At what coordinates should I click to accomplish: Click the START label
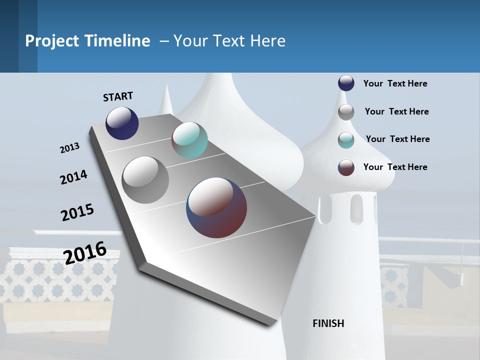(x=118, y=96)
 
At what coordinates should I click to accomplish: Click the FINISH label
(x=328, y=323)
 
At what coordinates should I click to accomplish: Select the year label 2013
(x=69, y=148)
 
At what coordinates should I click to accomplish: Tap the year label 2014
(x=73, y=177)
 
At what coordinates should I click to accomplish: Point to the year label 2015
(x=77, y=212)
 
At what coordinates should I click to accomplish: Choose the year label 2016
(x=85, y=252)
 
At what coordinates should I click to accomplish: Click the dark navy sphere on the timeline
(x=122, y=123)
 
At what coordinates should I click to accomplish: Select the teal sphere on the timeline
(x=189, y=140)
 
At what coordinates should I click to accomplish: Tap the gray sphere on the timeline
(x=145, y=179)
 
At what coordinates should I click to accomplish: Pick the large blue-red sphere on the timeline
(x=216, y=207)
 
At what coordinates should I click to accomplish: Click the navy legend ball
(x=346, y=83)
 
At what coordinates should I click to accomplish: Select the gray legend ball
(x=346, y=111)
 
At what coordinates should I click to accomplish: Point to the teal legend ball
(x=346, y=140)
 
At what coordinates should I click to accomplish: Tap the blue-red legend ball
(x=346, y=167)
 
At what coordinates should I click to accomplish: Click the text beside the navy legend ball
(x=395, y=83)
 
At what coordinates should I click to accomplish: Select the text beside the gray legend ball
(x=396, y=111)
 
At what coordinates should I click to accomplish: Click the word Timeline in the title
(x=117, y=41)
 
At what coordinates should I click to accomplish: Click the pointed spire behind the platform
(x=166, y=100)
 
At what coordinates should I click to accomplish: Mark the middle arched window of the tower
(x=356, y=206)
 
